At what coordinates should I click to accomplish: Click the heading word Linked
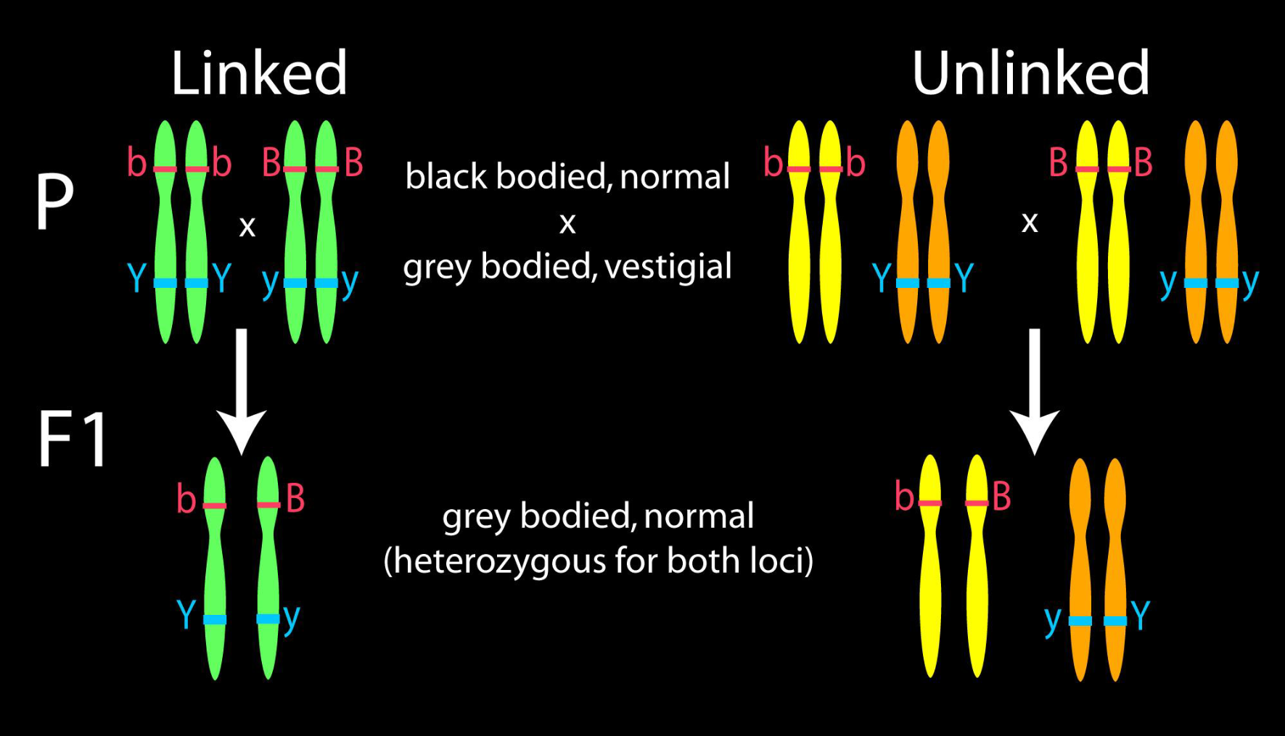(x=259, y=73)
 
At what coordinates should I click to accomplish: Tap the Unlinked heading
(x=1030, y=73)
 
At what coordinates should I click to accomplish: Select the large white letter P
(x=54, y=201)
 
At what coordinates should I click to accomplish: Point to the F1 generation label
(x=73, y=439)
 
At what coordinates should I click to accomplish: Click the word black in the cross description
(x=447, y=176)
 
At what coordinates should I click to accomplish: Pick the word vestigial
(x=668, y=267)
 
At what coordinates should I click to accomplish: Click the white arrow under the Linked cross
(x=242, y=392)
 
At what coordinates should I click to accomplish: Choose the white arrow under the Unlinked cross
(x=1035, y=392)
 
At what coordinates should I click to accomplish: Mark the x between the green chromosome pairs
(x=247, y=227)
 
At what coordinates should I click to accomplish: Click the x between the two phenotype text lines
(x=567, y=223)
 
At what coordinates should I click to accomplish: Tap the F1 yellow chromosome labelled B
(x=977, y=566)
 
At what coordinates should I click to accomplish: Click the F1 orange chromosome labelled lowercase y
(x=1080, y=569)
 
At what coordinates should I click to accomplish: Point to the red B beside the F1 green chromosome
(x=295, y=498)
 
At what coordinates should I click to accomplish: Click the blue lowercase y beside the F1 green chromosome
(x=292, y=618)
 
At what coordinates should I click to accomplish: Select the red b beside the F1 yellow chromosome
(x=904, y=497)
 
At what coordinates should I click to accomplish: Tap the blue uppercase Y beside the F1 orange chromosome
(x=1140, y=615)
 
